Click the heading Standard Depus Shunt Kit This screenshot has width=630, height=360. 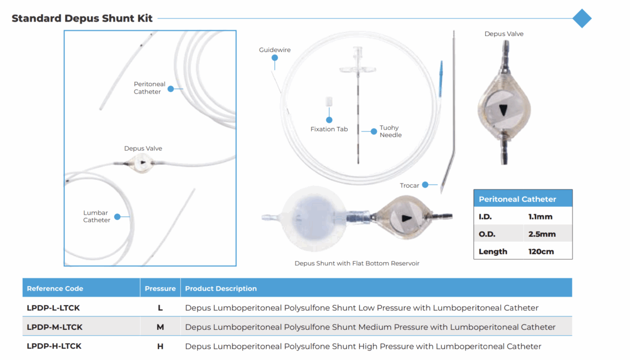82,18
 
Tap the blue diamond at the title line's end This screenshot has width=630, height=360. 582,18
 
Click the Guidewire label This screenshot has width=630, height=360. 275,50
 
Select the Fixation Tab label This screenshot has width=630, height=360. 329,129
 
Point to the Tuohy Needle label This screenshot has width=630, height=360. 390,131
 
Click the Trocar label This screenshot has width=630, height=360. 409,186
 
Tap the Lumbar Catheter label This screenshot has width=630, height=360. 97,216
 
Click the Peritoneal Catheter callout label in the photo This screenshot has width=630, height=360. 149,88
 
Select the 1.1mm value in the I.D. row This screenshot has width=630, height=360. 541,217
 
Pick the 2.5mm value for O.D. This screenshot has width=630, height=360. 542,234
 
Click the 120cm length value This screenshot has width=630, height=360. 541,251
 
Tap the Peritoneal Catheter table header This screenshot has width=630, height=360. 517,199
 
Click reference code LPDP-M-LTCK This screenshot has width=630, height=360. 54,327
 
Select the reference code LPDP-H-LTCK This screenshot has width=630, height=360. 54,346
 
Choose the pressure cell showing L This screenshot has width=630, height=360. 160,308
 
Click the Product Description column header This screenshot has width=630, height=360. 221,288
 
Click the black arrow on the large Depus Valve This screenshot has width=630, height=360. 503,110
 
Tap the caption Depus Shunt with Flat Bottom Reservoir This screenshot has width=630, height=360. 356,264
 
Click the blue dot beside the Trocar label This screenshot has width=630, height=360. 425,185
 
